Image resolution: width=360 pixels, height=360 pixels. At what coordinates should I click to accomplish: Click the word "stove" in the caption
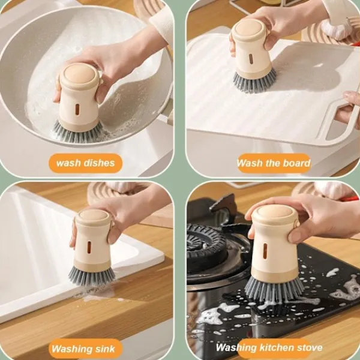pos(310,347)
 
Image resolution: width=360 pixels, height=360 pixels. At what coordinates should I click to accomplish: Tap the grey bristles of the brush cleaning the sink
pos(92,275)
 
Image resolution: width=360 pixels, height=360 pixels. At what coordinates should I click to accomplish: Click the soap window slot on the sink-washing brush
pos(89,246)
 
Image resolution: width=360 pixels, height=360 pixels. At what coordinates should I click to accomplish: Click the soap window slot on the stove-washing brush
pos(265,250)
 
